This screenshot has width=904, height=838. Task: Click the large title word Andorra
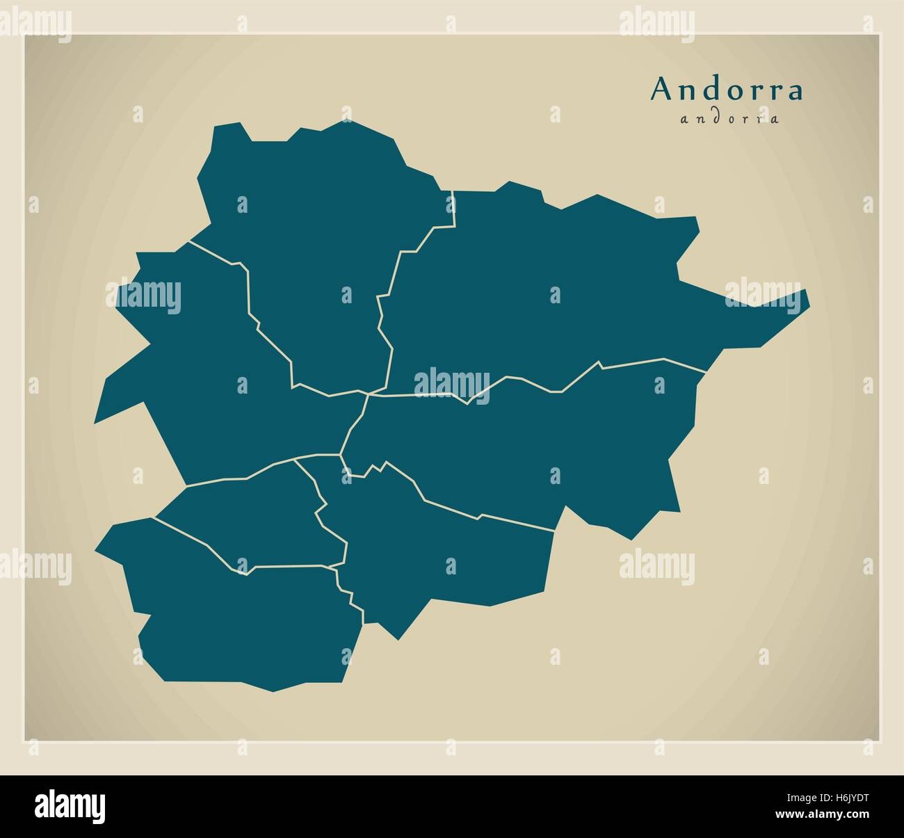coord(727,90)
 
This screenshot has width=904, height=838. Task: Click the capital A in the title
coord(663,89)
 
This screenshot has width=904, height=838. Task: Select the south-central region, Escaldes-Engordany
coord(438,549)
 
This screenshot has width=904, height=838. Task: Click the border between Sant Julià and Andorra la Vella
coord(292,566)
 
